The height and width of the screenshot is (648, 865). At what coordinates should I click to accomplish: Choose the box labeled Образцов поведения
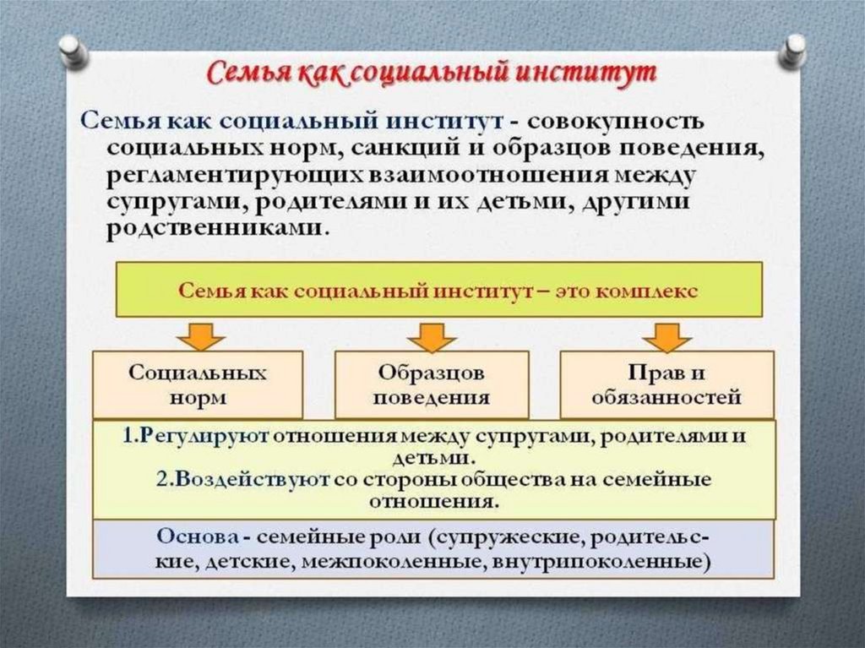click(432, 384)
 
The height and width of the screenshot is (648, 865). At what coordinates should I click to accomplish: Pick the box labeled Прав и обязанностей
click(666, 384)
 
